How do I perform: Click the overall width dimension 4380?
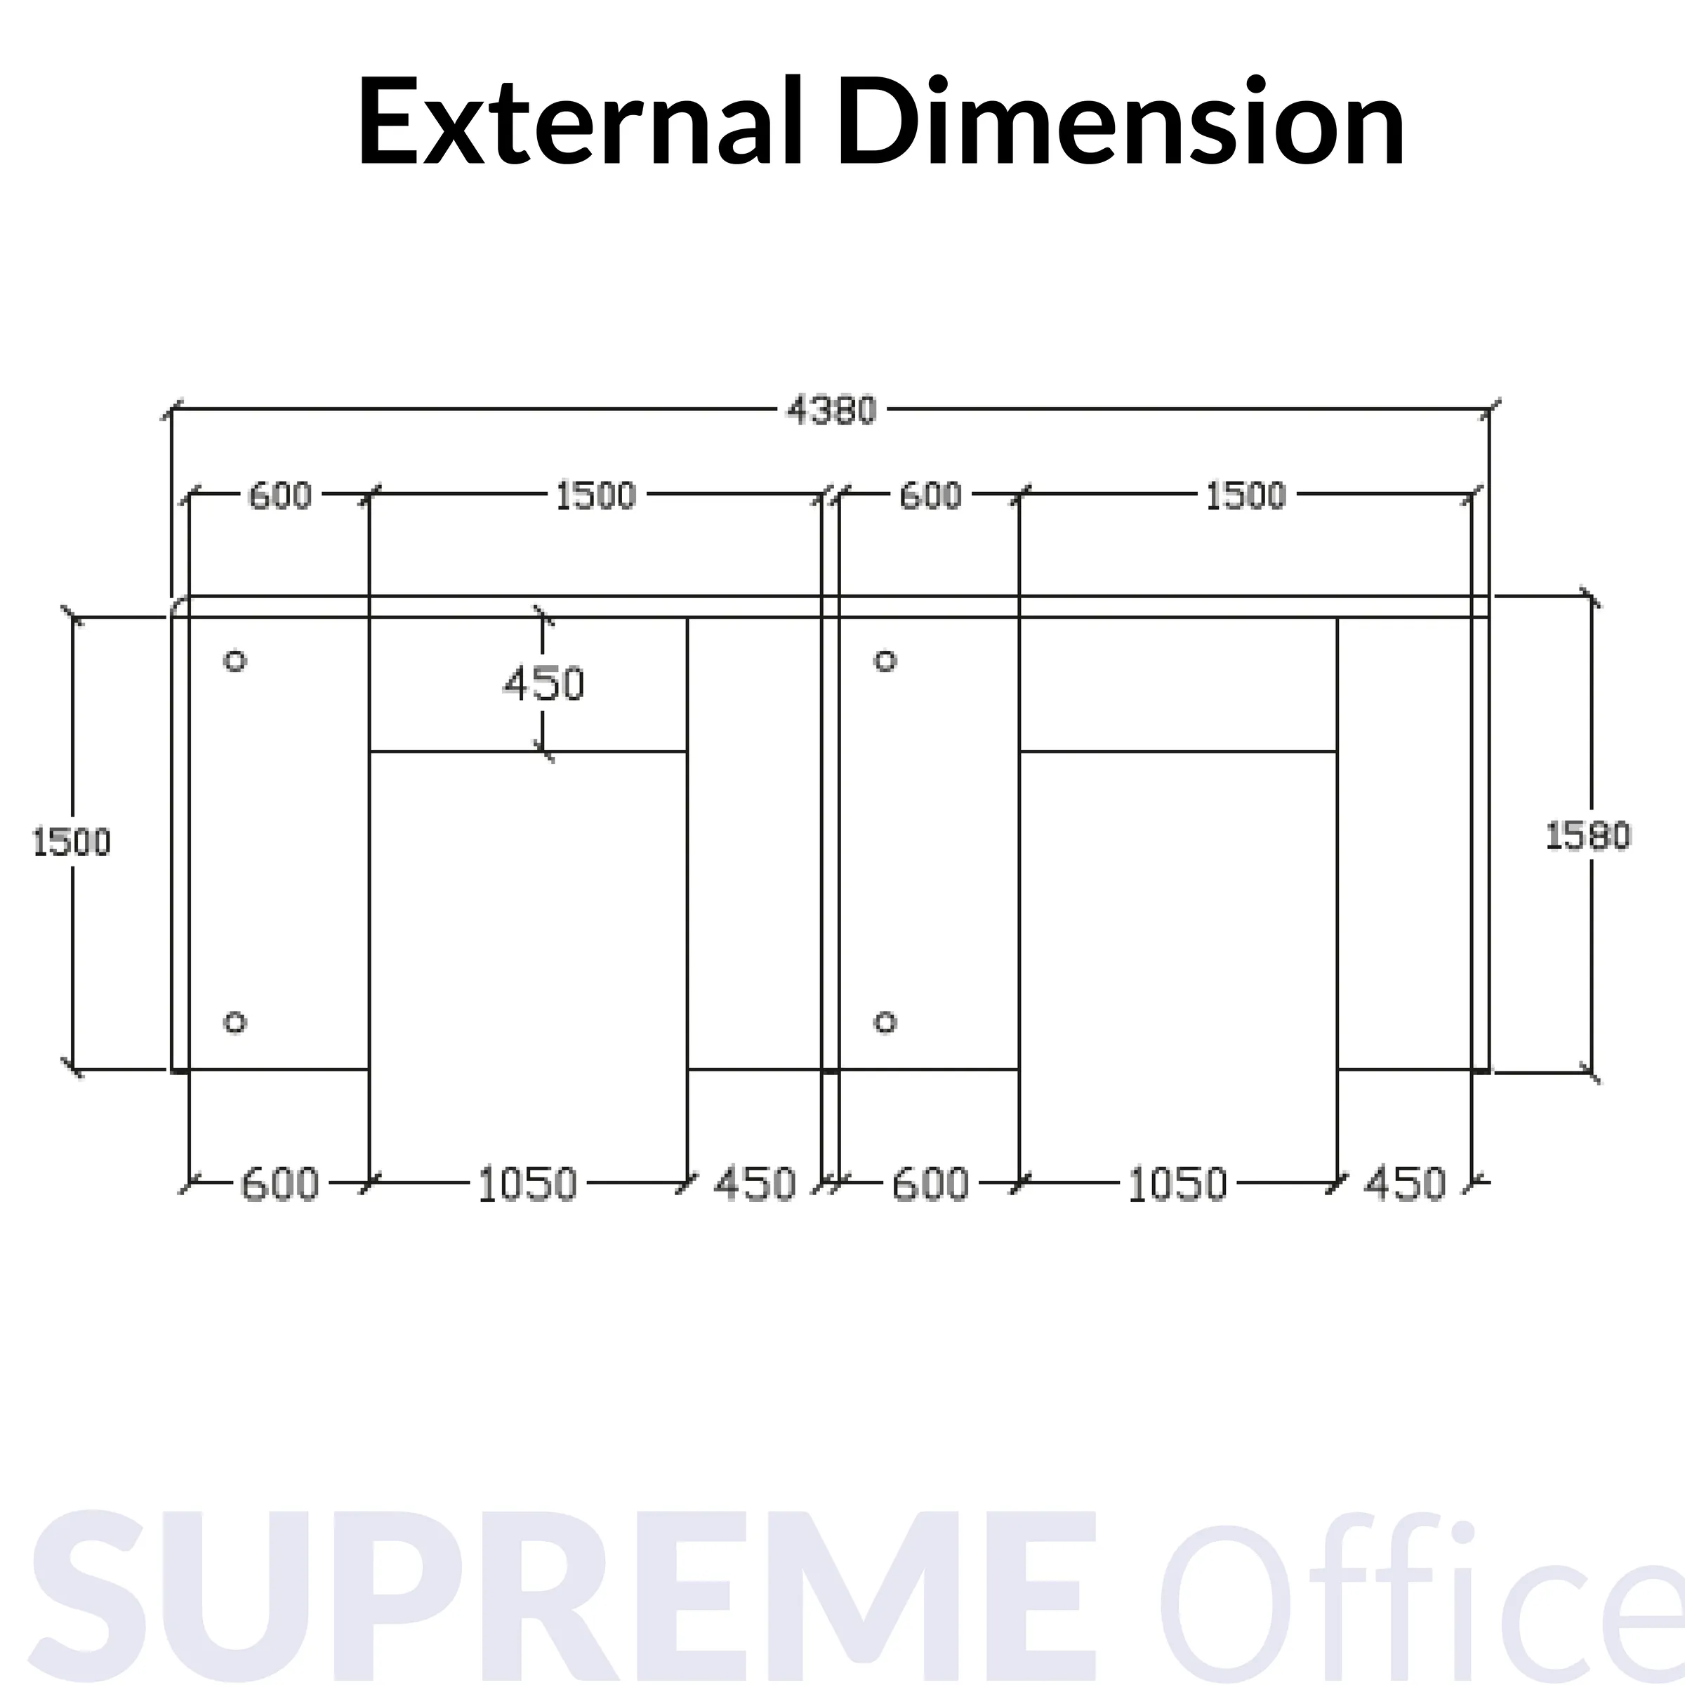pyautogui.click(x=831, y=410)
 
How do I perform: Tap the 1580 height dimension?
pyautogui.click(x=1587, y=836)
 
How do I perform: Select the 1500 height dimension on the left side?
pyautogui.click(x=72, y=842)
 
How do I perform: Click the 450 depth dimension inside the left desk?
pyautogui.click(x=543, y=684)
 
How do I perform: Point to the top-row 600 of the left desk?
pyautogui.click(x=280, y=496)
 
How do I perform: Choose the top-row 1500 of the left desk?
pyautogui.click(x=595, y=496)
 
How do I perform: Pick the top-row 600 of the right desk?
pyautogui.click(x=930, y=496)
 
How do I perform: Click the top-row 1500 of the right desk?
pyautogui.click(x=1245, y=496)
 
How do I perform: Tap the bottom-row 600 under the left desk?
pyautogui.click(x=279, y=1184)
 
